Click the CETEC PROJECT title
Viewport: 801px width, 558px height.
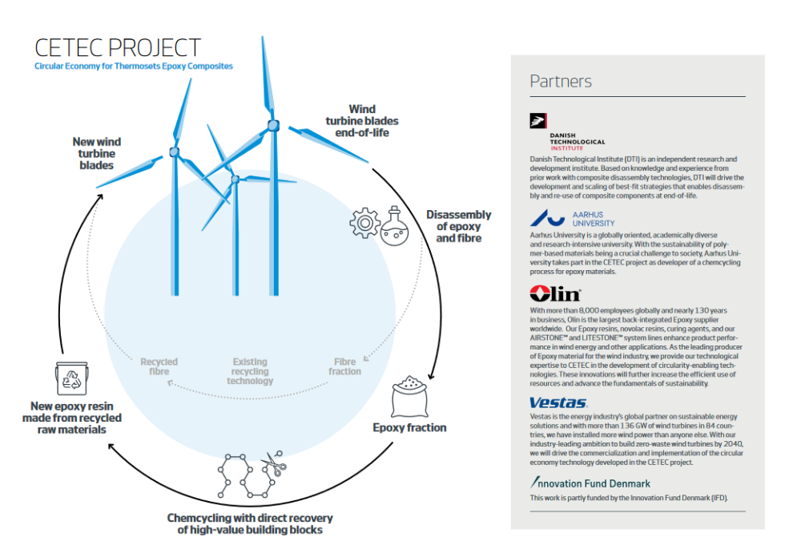(118, 48)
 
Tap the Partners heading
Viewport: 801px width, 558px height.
(561, 81)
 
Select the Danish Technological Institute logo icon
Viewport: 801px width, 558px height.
(538, 121)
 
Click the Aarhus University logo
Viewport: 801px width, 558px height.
(572, 219)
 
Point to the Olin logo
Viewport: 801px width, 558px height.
(555, 293)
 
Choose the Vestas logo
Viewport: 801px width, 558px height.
(558, 403)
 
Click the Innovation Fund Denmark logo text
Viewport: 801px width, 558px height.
(590, 483)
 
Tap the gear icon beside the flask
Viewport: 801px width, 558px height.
(364, 223)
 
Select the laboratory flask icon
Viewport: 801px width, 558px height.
(394, 227)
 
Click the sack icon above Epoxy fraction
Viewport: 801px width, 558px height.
(409, 397)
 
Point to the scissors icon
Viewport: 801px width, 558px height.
(274, 463)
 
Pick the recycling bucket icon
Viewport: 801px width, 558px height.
(71, 378)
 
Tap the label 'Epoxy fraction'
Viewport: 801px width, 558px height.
(409, 427)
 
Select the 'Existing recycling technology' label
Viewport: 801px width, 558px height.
(250, 371)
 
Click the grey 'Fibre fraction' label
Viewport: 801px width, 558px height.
(344, 366)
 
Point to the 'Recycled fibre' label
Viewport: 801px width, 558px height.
(159, 366)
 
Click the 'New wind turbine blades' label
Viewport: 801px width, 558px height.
(97, 153)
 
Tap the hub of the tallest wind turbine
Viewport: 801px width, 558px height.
(274, 125)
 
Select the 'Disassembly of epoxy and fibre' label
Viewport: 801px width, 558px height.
(459, 227)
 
